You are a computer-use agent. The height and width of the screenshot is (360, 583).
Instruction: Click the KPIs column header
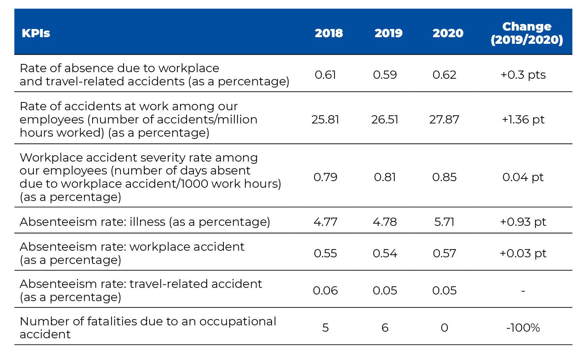pos(36,33)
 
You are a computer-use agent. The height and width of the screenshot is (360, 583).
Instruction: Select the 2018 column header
pos(329,33)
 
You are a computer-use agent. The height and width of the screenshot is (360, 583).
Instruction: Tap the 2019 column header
pos(388,33)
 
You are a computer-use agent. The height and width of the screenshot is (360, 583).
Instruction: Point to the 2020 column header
pos(448,33)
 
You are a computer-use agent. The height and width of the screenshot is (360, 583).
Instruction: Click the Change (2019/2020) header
pos(527,33)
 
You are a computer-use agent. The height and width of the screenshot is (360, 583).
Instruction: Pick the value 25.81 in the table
pos(325,119)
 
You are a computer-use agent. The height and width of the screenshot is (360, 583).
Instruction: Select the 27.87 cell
pos(444,119)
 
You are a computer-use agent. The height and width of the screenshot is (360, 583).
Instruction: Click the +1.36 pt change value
pos(523,119)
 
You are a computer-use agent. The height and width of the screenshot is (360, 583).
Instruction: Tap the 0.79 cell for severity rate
pos(325,177)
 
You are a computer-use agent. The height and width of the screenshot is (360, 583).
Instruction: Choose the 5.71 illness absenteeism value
pos(444,222)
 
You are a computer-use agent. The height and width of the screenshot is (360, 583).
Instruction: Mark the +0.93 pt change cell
pos(523,222)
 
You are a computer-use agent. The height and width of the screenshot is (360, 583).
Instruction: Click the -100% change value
pos(523,328)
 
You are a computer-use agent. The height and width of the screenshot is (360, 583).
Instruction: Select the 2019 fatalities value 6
pos(385,328)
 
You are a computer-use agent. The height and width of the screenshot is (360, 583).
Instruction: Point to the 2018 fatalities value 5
pos(325,328)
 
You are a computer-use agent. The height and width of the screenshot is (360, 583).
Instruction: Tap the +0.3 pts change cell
pos(523,75)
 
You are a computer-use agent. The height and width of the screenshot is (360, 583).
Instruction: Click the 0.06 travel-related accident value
pos(325,290)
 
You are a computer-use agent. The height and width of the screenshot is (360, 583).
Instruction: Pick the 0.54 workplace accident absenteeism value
pos(385,253)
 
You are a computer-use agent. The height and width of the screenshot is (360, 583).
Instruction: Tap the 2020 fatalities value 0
pos(444,328)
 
